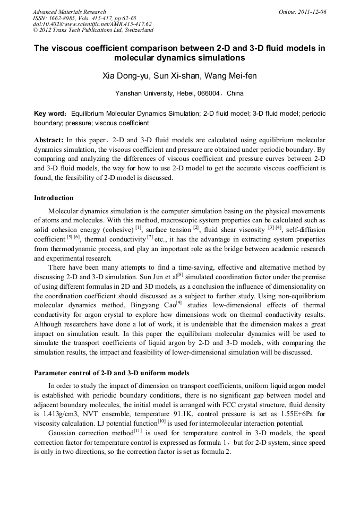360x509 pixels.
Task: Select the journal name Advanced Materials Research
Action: click(x=69, y=11)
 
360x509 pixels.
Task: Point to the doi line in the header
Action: click(x=92, y=24)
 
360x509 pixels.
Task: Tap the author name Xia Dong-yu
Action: click(x=125, y=76)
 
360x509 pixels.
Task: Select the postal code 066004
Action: click(x=211, y=93)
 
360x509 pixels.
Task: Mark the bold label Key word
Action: click(x=48, y=114)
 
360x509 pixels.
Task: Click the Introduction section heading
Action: click(x=54, y=198)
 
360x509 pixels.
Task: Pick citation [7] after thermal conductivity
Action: click(x=150, y=236)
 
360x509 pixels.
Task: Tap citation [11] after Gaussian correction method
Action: click(x=130, y=430)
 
